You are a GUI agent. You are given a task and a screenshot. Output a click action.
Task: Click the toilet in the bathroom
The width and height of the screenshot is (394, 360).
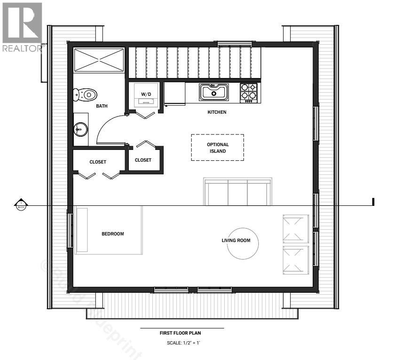pyautogui.click(x=86, y=94)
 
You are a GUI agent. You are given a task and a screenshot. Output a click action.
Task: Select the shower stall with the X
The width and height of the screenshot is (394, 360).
pyautogui.click(x=99, y=60)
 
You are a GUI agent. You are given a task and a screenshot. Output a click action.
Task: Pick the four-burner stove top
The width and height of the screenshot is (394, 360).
pyautogui.click(x=249, y=92)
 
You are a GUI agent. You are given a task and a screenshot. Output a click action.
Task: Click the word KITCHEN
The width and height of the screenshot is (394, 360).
pyautogui.click(x=217, y=112)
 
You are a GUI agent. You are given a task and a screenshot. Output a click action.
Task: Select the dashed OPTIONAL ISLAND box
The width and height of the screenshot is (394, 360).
pyautogui.click(x=217, y=148)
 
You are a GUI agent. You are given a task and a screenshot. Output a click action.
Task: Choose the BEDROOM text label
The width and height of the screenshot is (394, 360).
pyautogui.click(x=113, y=234)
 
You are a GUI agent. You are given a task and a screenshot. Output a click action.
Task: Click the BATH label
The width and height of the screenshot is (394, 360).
pyautogui.click(x=102, y=106)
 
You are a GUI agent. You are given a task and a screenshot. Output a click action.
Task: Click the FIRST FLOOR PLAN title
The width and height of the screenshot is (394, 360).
pyautogui.click(x=181, y=333)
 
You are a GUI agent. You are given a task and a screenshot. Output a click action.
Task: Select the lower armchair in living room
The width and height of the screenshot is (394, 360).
pyautogui.click(x=295, y=260)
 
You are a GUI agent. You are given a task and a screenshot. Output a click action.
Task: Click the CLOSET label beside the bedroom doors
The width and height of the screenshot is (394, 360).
pyautogui.click(x=98, y=162)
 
